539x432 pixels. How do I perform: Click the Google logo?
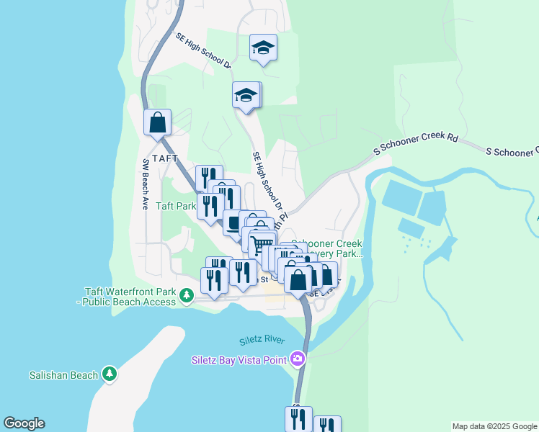point(24,423)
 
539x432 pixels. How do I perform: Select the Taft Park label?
point(176,206)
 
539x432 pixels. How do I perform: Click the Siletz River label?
point(262,340)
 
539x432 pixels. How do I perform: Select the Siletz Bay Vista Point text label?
point(239,360)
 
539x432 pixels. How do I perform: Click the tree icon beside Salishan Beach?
point(109,374)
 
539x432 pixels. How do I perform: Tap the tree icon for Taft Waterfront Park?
point(187,295)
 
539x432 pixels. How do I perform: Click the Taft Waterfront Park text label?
point(130,297)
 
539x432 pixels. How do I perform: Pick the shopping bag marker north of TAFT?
point(157,122)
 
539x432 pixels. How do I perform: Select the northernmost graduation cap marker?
point(263,48)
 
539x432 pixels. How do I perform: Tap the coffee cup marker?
point(235,222)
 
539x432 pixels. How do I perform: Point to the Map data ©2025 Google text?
point(494,426)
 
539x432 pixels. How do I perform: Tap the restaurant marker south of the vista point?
point(298,419)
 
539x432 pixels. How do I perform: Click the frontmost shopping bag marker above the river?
point(298,279)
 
